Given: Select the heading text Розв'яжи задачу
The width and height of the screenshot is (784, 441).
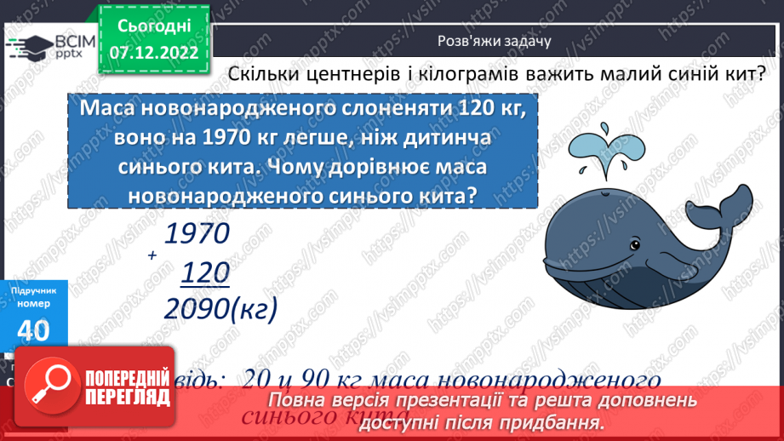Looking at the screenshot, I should (494, 40).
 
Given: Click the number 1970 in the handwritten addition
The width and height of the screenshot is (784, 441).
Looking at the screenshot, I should (197, 235).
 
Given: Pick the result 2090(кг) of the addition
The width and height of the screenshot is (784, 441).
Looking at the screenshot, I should (220, 309).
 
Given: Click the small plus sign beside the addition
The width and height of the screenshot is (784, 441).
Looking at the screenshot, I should (151, 255).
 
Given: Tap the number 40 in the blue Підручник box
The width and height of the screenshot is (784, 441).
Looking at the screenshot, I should (33, 331).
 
